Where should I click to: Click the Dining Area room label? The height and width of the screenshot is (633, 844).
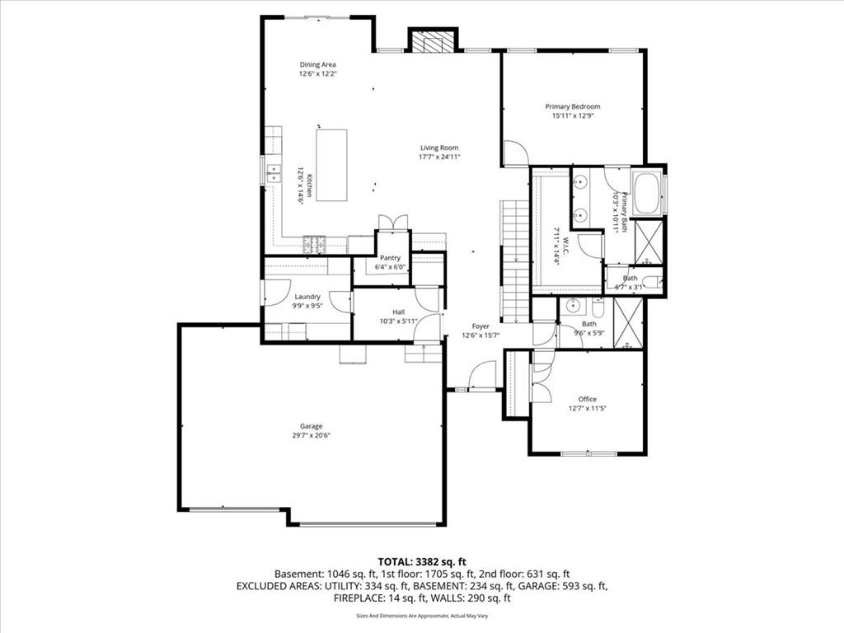tap(317, 64)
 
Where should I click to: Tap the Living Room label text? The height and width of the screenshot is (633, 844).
tap(438, 148)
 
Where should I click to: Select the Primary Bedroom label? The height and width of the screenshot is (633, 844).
tap(572, 106)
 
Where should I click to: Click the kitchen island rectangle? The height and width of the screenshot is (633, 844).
tap(331, 165)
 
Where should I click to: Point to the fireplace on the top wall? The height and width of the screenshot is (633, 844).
tap(433, 41)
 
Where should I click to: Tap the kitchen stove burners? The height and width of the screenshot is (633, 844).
tap(315, 244)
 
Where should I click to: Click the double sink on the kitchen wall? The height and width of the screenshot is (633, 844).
tap(272, 173)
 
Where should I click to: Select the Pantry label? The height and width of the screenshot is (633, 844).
tap(390, 258)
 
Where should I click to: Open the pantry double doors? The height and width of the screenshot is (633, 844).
tap(392, 222)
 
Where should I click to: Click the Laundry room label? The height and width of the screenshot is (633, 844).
tap(307, 297)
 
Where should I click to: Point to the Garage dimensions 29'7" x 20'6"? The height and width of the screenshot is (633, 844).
tap(312, 435)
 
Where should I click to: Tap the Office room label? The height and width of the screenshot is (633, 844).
tap(586, 399)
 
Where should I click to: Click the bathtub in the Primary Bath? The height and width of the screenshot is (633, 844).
tap(647, 194)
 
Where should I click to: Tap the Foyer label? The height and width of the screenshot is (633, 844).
tap(481, 326)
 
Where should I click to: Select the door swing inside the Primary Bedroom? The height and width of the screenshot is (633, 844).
tap(515, 153)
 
